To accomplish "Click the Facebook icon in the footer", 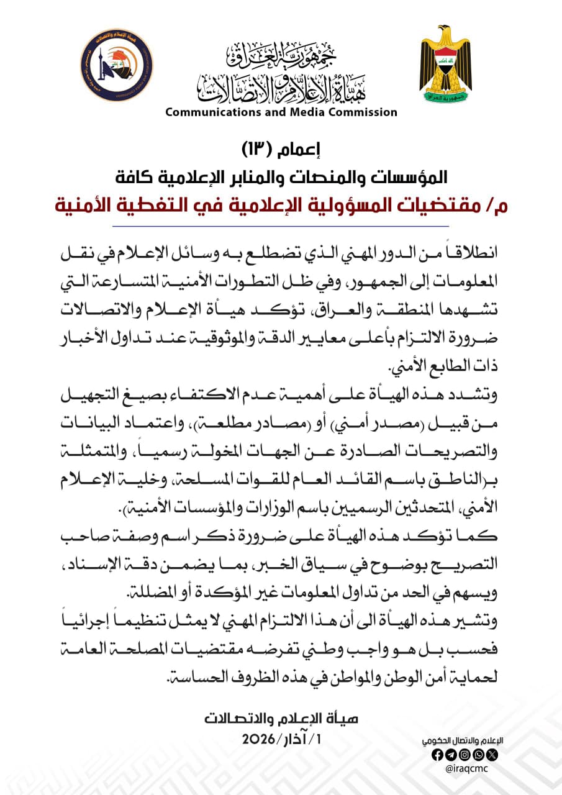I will click(x=437, y=755).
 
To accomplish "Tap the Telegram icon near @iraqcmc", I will click(x=451, y=755).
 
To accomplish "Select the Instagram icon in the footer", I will click(x=465, y=755).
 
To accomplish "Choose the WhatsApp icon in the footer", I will click(x=479, y=755).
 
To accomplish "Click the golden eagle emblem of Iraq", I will click(x=445, y=67).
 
